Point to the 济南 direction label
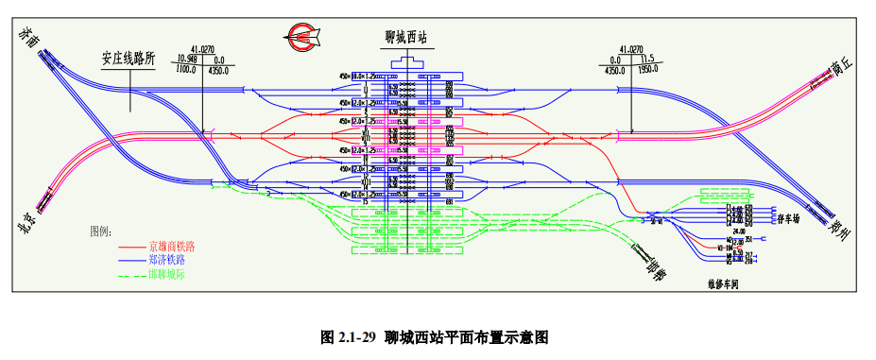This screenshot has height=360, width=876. click(27, 39)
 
